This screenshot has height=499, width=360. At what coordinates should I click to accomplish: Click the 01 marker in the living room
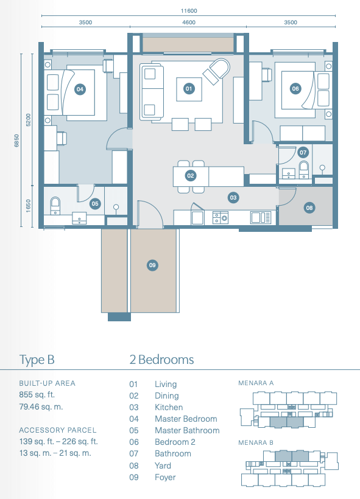tap(189, 89)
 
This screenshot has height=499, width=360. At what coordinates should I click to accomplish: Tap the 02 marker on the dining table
tap(191, 176)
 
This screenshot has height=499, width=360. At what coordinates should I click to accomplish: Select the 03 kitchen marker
tap(233, 198)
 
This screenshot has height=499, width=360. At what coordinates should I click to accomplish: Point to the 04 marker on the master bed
tap(80, 89)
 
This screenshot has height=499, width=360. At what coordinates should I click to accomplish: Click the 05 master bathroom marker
tap(95, 204)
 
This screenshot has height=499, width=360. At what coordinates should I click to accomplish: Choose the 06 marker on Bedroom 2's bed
tap(295, 89)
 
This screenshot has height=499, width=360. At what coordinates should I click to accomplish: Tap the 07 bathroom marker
tap(303, 152)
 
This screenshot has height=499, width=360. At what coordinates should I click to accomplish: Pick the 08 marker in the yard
tap(309, 208)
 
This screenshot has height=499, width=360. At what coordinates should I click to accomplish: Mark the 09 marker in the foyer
tap(152, 265)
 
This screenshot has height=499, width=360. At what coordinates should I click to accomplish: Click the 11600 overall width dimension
tap(189, 11)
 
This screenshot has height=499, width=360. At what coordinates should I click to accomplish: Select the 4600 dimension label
tap(189, 23)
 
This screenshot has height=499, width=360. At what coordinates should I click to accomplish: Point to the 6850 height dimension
tap(16, 141)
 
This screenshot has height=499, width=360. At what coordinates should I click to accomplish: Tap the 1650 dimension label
tap(29, 206)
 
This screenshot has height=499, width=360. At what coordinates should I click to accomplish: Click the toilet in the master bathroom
tap(55, 206)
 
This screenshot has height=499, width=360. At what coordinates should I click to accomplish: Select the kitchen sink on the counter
tap(261, 218)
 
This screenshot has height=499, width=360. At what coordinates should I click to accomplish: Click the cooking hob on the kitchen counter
tap(221, 218)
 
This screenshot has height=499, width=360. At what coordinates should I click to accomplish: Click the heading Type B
tap(37, 360)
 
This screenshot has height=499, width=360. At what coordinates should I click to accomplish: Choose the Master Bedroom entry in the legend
tap(186, 419)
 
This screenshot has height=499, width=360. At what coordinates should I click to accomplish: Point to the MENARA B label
tap(256, 442)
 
